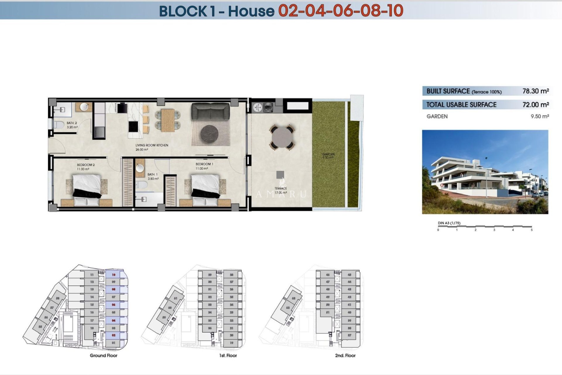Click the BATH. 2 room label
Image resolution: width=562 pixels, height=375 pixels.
coord(72,123)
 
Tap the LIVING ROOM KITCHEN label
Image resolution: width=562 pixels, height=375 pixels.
coord(152,145)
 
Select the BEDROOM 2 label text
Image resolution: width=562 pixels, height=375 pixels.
coord(86,165)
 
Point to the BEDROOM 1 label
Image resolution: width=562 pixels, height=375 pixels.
coord(204,164)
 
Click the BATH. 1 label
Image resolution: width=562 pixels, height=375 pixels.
coord(153,175)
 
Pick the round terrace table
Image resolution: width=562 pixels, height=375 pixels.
coord(282,137)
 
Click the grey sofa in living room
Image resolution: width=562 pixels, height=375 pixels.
coord(210,111)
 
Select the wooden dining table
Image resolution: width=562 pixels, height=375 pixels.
coord(168,120)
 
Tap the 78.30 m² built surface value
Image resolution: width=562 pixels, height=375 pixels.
coord(535,91)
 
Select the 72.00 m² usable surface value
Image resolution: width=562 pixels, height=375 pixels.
coord(535,105)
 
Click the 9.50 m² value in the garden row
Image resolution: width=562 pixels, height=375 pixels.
coord(539,116)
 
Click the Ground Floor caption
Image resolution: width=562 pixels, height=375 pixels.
coord(103,355)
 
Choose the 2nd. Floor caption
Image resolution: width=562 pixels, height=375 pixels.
coord(345,355)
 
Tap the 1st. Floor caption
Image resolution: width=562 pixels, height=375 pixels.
coord(228,355)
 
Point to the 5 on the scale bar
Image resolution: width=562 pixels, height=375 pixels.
coord(532,230)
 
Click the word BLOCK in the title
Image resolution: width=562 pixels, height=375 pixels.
coord(183,11)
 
